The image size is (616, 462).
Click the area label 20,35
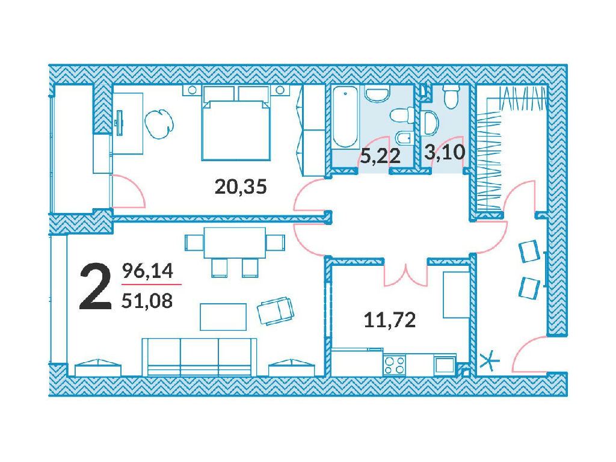pos(241,186)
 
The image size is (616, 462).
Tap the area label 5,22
pos(380,156)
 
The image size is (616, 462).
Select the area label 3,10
pos(445,152)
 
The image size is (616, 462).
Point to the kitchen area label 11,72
pos(390,320)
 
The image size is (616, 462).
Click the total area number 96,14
pos(148,271)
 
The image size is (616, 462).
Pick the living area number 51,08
pos(147,301)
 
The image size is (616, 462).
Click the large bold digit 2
pos(95,287)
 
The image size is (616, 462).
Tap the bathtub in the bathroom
pos(345,117)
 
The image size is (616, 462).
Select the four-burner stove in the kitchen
pos(394,365)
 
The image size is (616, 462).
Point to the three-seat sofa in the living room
pos(200,357)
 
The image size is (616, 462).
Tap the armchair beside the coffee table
pos(276,310)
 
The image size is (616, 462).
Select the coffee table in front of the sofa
pos(223,316)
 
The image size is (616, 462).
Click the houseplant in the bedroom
pos(159,123)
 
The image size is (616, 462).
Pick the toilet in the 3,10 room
pos(451,96)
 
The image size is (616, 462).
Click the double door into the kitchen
pos(405,273)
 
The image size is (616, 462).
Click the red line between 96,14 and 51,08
pos(152,284)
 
